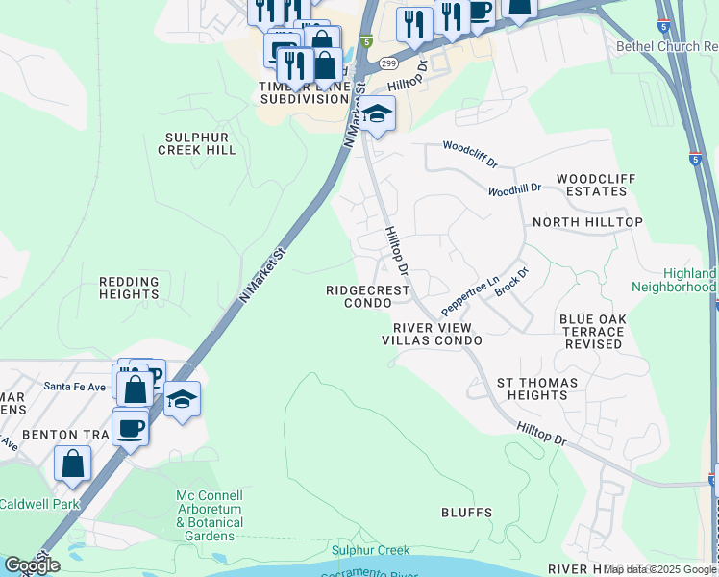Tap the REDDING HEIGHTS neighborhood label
pyautogui.click(x=129, y=288)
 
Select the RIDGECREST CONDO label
pyautogui.click(x=368, y=296)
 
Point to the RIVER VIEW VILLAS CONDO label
pyautogui.click(x=432, y=334)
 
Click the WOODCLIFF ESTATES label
pyautogui.click(x=592, y=185)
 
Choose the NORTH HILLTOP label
pyautogui.click(x=587, y=222)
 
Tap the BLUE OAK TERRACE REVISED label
pyautogui.click(x=593, y=331)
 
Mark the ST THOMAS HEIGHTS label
pyautogui.click(x=536, y=389)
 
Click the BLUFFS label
pyautogui.click(x=466, y=513)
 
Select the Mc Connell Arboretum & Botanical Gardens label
pyautogui.click(x=210, y=515)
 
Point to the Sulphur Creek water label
pyautogui.click(x=371, y=550)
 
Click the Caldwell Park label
pyautogui.click(x=39, y=504)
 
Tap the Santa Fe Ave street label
pyautogui.click(x=74, y=387)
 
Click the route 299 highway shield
pyautogui.click(x=387, y=63)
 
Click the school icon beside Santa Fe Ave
pyautogui.click(x=181, y=398)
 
